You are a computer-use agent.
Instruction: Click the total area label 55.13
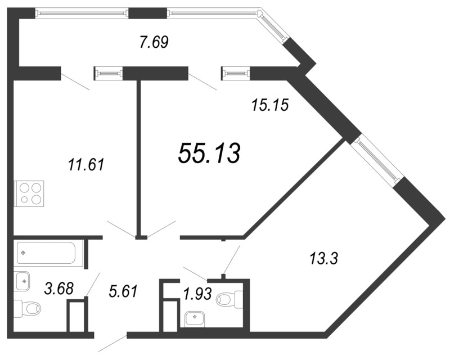tap(209, 154)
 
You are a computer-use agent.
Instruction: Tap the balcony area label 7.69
tap(154, 42)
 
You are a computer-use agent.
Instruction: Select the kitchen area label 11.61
tap(86, 165)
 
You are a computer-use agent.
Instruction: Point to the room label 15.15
tap(269, 105)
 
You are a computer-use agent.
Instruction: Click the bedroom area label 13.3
tap(324, 258)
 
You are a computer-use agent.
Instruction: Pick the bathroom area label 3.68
tap(60, 288)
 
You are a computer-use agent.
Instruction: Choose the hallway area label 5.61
tap(124, 291)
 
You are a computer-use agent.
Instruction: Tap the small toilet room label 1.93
tap(198, 294)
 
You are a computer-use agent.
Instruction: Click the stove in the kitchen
tap(30, 193)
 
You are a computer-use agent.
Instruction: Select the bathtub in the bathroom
tap(46, 253)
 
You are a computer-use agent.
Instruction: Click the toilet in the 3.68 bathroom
tap(27, 309)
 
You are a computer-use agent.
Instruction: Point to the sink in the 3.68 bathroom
tap(22, 281)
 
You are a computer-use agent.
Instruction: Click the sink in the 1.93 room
tap(195, 319)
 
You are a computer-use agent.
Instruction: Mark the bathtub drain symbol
tap(23, 253)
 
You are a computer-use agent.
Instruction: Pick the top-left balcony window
tap(82, 13)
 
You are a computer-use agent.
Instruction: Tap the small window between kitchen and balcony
tap(108, 73)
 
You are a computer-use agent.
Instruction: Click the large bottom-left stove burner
tap(24, 199)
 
